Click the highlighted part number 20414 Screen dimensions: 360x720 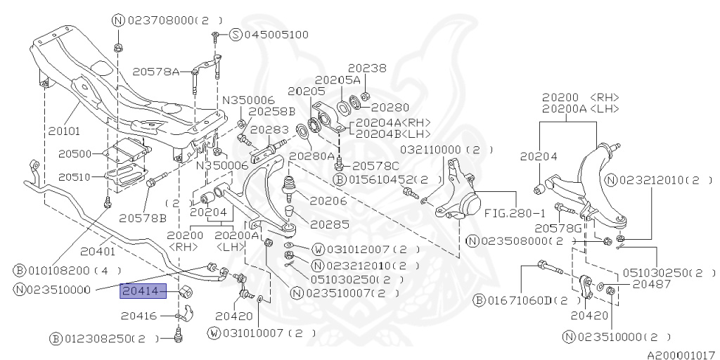pyautogui.click(x=143, y=290)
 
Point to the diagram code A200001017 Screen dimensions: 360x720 pyautogui.click(x=681, y=355)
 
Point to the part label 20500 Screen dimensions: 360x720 pyautogui.click(x=75, y=153)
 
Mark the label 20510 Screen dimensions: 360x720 pyautogui.click(x=75, y=176)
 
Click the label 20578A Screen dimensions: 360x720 pyautogui.click(x=156, y=71)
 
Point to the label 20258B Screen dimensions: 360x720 pyautogui.click(x=272, y=111)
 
